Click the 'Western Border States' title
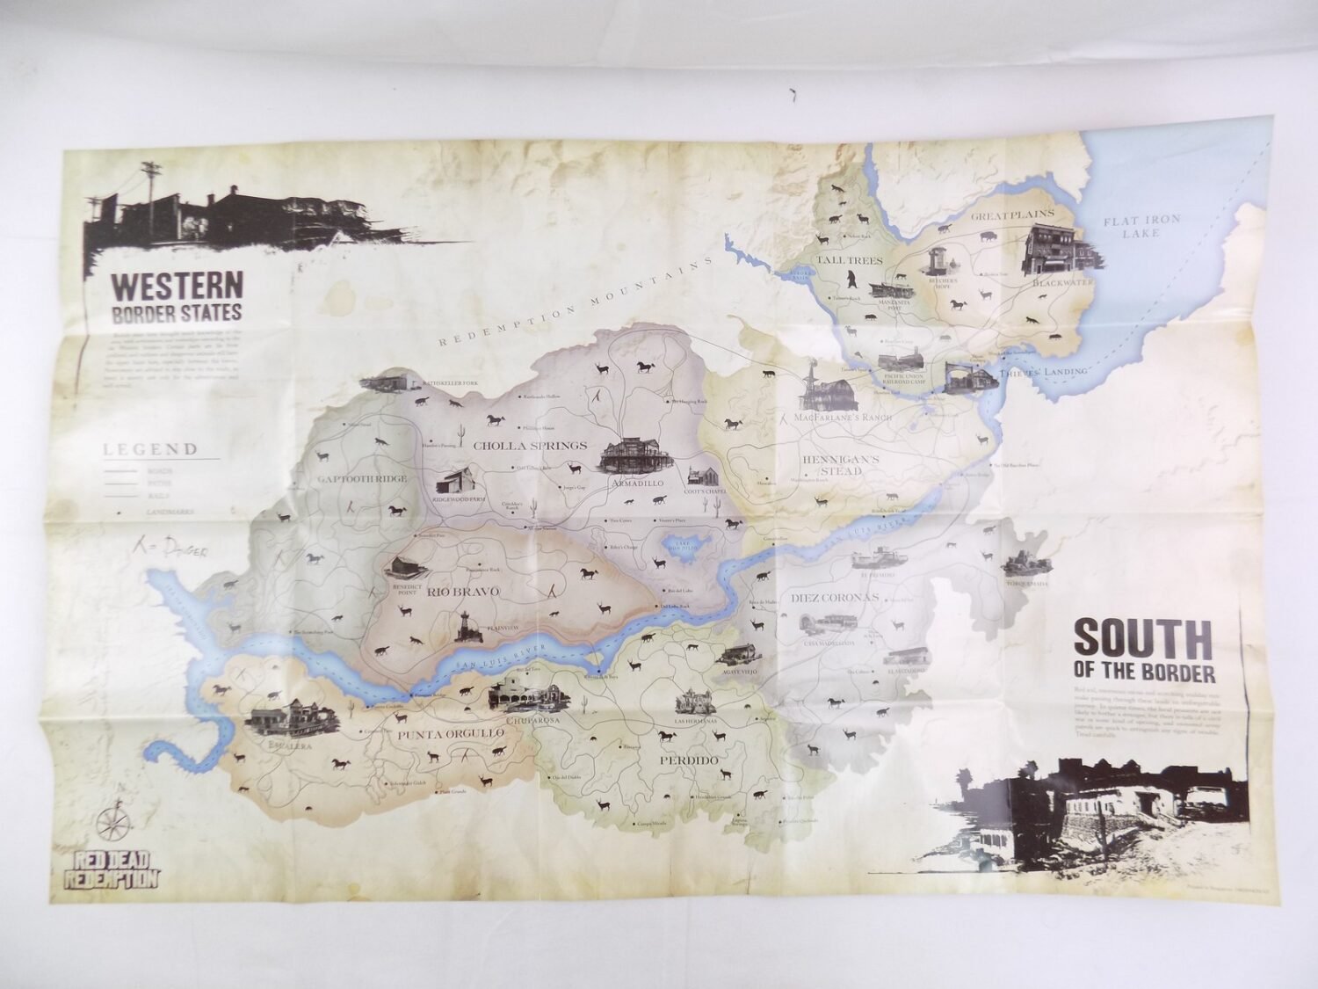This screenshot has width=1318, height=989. coord(176,298)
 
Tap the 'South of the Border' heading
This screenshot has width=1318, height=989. coord(1143,651)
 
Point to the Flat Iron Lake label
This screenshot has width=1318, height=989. coord(1141,226)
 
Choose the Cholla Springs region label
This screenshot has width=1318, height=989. coord(529,446)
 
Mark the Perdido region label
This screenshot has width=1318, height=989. coord(691,760)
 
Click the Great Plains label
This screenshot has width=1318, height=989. coord(1004,215)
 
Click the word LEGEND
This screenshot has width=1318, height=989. coord(151,449)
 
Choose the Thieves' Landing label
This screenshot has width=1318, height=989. coord(1045,372)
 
